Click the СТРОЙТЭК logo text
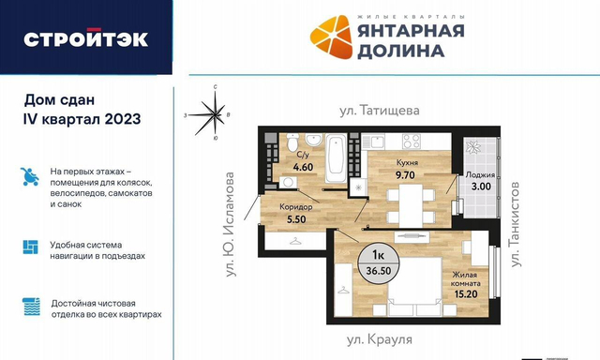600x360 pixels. (x=85, y=38)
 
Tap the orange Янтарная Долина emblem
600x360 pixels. (x=331, y=37)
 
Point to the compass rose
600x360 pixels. (x=214, y=114)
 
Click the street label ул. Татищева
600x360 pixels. (x=379, y=111)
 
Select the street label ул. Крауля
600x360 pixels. (x=379, y=339)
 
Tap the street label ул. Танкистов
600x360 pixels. (x=515, y=224)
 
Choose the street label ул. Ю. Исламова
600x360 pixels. (x=230, y=224)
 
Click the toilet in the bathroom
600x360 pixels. (x=292, y=142)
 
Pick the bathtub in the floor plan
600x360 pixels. (x=336, y=157)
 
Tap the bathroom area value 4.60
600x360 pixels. (x=303, y=167)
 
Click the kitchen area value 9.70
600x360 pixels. (x=405, y=174)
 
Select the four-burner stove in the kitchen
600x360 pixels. (x=412, y=141)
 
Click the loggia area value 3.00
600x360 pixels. (x=481, y=187)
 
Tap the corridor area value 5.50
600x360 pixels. (x=296, y=219)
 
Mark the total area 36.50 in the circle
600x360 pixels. (x=379, y=271)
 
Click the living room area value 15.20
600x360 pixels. (x=466, y=293)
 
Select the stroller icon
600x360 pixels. (x=30, y=176)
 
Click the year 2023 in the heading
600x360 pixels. (x=123, y=119)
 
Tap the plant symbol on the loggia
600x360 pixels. (x=473, y=146)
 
